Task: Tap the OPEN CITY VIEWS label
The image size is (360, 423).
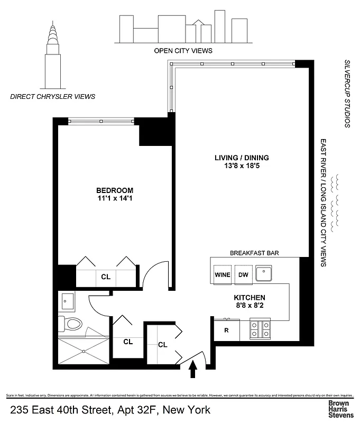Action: click(183, 51)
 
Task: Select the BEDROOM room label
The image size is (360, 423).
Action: click(114, 190)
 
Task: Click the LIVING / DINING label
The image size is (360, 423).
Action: click(242, 158)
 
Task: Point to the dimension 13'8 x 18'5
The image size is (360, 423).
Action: click(242, 167)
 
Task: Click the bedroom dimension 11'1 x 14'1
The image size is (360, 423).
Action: click(114, 199)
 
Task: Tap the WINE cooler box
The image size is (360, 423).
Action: click(223, 275)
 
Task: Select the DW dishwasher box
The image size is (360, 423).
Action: click(243, 275)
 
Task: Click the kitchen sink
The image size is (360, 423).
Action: click(263, 274)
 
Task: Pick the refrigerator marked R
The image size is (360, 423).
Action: click(226, 331)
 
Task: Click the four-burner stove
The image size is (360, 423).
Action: click(260, 329)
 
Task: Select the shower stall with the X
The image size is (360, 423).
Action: click(84, 350)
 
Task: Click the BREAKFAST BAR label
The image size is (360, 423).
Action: click(254, 253)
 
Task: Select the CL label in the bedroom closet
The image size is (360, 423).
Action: click(106, 277)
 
